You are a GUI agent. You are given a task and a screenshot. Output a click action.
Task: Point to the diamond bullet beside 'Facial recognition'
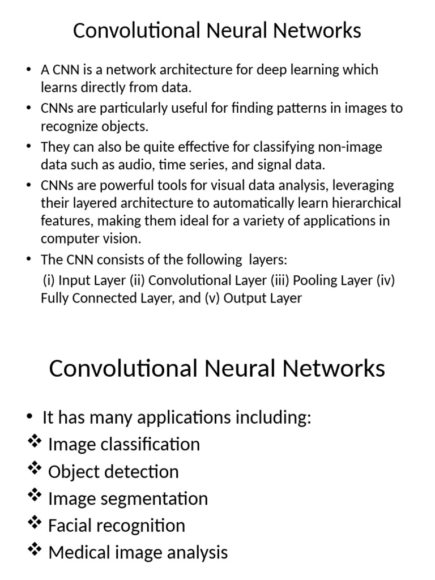coord(35,523)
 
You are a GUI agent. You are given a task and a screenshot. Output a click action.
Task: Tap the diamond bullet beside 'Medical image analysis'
coord(35,550)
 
